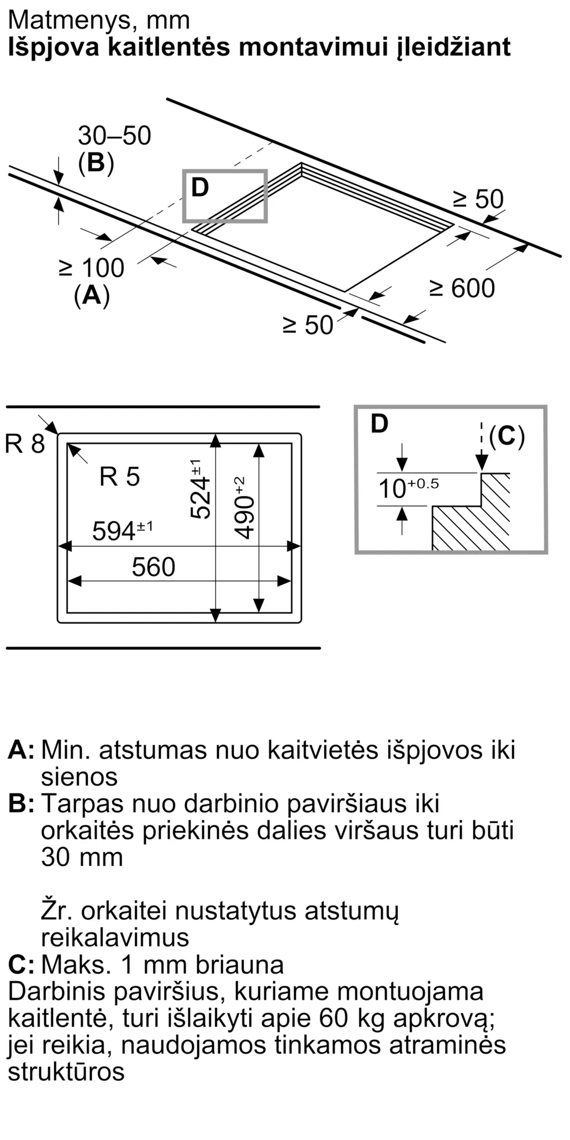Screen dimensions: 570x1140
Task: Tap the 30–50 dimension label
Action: click(x=115, y=136)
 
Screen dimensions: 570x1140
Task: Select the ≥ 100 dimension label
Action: click(x=92, y=268)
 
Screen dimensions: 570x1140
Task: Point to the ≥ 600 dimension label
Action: click(x=462, y=288)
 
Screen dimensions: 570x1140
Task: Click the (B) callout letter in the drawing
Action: click(x=96, y=163)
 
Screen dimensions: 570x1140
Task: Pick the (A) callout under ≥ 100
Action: click(x=92, y=296)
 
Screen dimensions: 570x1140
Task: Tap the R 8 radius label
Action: click(x=25, y=444)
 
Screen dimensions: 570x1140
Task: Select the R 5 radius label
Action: click(x=119, y=477)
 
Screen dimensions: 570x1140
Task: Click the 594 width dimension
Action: click(x=123, y=530)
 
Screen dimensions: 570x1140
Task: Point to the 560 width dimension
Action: click(x=153, y=567)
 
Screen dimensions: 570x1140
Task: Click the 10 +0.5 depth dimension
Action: click(x=409, y=488)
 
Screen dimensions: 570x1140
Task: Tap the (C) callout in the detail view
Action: click(x=507, y=437)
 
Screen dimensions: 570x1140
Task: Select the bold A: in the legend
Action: click(x=21, y=750)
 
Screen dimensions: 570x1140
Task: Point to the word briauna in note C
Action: click(x=239, y=965)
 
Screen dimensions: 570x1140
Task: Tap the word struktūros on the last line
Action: click(x=66, y=1072)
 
